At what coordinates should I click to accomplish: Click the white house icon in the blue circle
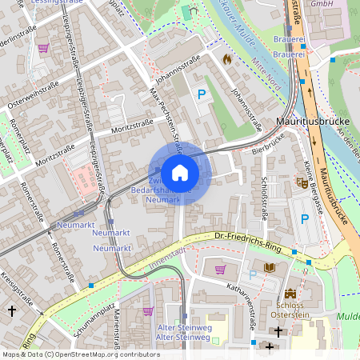tap(179, 173)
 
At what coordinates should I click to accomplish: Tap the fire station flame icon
tap(226, 58)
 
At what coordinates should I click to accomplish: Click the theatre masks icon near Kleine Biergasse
tap(302, 182)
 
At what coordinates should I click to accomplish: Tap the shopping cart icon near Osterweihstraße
tap(43, 48)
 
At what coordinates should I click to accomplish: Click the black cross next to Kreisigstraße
tap(12, 309)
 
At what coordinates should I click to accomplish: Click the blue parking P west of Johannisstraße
tap(202, 95)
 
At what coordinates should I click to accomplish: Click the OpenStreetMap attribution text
tap(80, 354)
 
